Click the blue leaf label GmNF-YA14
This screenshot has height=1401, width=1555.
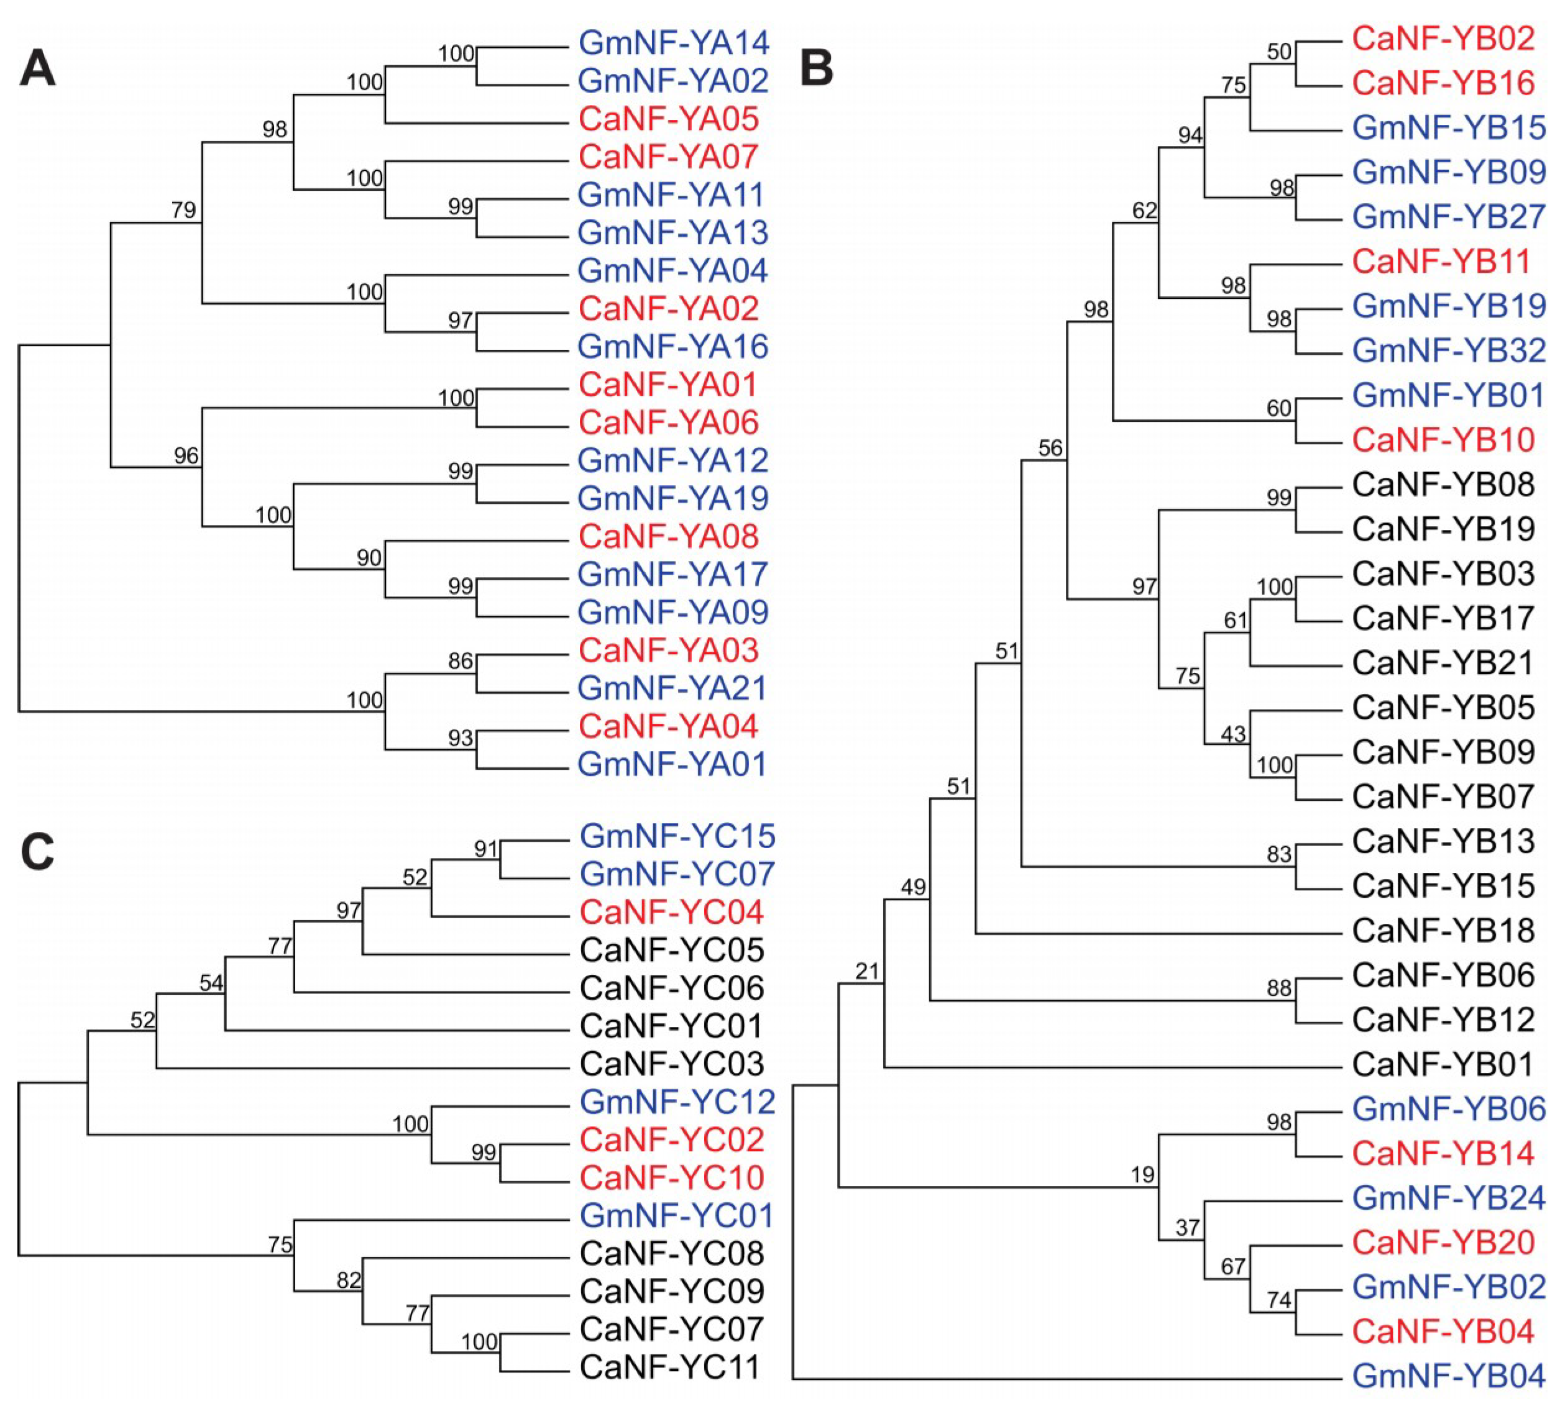673,43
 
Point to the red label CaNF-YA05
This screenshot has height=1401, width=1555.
669,119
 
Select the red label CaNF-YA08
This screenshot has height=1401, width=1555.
669,537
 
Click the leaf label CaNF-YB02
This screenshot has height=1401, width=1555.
1443,39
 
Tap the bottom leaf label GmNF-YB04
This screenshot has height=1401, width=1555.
1449,1376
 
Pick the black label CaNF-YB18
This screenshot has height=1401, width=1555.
1443,931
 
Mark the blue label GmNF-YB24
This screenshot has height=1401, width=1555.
1449,1198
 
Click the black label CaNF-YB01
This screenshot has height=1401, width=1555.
1443,1065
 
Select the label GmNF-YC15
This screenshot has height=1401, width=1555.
677,836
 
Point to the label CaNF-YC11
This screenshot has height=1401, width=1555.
670,1367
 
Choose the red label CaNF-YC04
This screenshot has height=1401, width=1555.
671,912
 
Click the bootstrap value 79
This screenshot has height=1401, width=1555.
183,210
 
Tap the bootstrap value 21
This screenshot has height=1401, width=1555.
866,972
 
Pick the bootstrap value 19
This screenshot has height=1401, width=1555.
1142,1175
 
